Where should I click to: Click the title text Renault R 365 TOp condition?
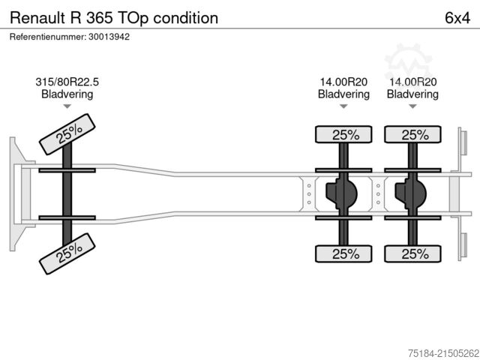(114, 17)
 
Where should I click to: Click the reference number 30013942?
(109, 36)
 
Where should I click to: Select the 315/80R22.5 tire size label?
(67, 82)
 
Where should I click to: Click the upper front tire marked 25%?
(68, 134)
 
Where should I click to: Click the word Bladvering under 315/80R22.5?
(67, 94)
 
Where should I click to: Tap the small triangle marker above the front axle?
(67, 107)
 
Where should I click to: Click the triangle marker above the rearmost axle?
(412, 107)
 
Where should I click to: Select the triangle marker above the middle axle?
(343, 107)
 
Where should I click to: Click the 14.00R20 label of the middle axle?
(343, 82)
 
